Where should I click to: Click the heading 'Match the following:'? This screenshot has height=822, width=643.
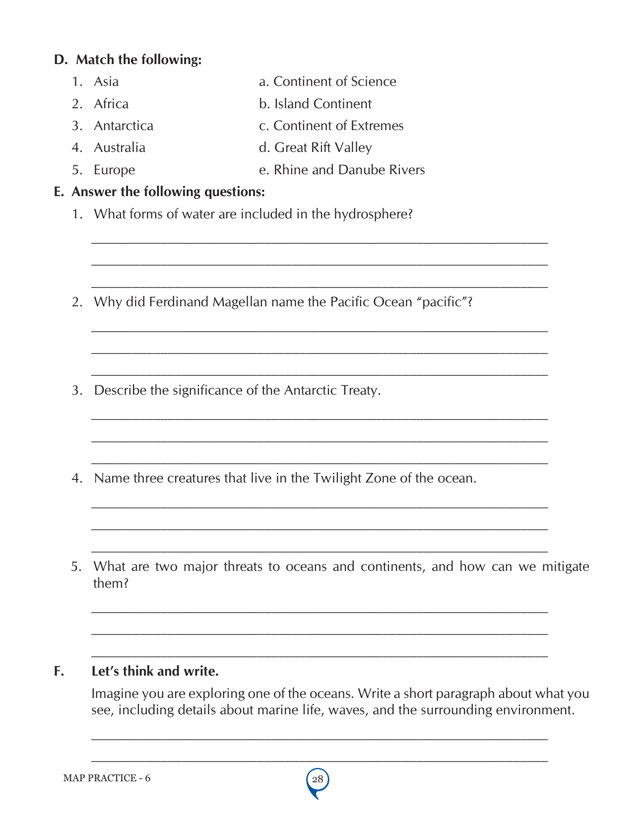(x=138, y=60)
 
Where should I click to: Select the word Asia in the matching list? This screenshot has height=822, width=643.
(x=106, y=81)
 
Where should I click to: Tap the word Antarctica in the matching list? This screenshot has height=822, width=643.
(x=124, y=126)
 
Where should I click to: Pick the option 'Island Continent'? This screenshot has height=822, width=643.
(x=322, y=104)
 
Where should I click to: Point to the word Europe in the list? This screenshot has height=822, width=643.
(x=114, y=170)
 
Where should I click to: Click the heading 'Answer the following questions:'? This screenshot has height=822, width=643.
(x=168, y=192)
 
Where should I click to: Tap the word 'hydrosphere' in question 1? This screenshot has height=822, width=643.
(x=373, y=214)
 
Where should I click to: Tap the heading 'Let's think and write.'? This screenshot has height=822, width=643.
(x=155, y=671)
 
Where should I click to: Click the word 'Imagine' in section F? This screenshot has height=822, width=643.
(x=115, y=693)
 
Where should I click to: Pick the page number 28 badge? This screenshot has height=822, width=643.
(x=318, y=779)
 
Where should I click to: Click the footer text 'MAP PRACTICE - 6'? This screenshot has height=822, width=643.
(x=107, y=778)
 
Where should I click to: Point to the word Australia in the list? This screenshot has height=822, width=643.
(x=120, y=147)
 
